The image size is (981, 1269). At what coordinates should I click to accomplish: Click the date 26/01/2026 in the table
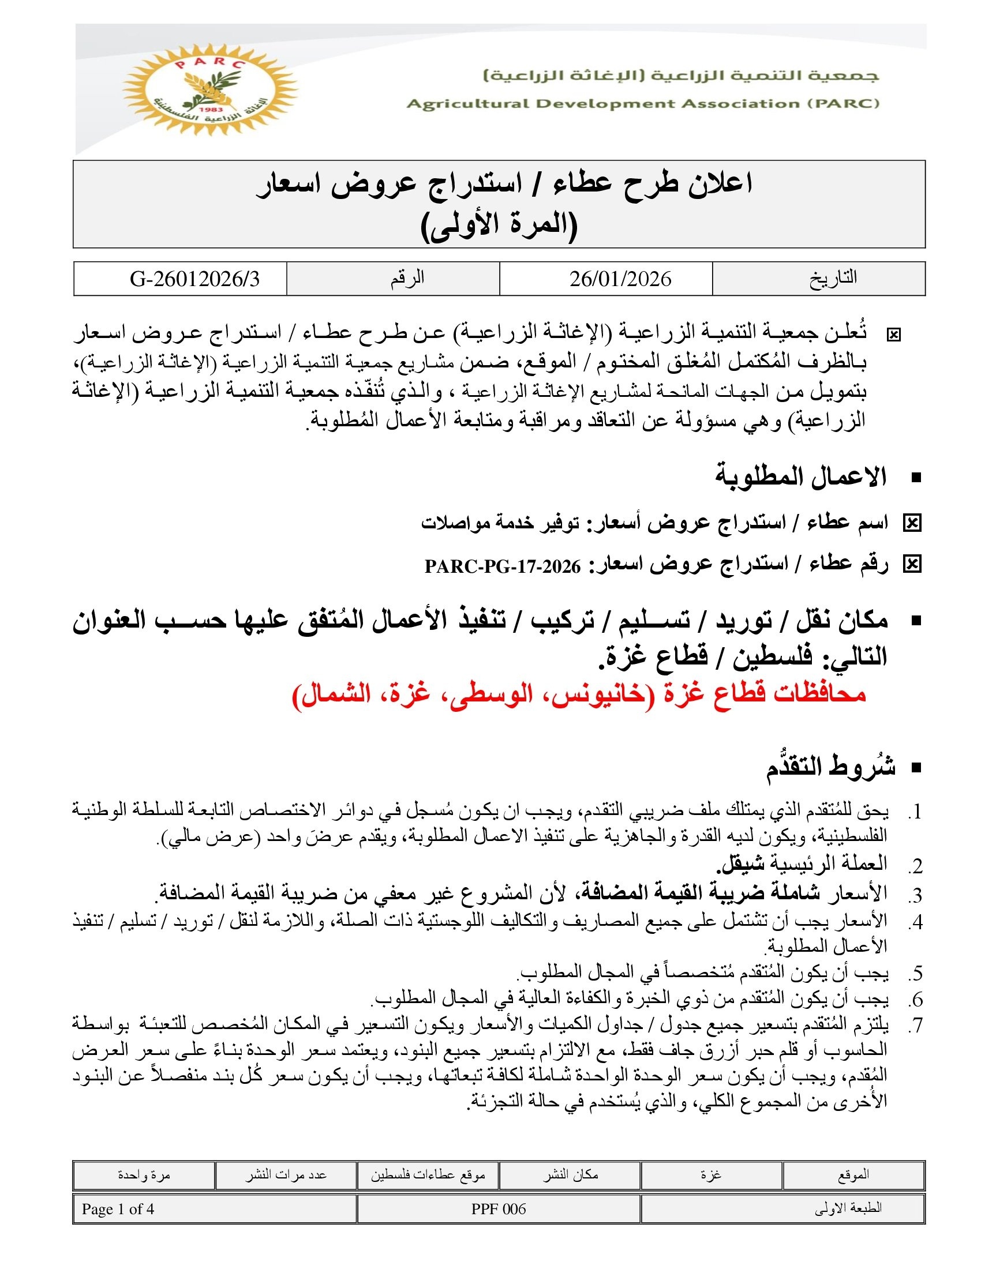point(620,279)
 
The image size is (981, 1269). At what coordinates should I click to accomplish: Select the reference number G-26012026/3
point(194,279)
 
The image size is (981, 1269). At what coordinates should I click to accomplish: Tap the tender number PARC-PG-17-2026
point(502,566)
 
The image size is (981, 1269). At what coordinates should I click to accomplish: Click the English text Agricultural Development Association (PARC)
point(642,104)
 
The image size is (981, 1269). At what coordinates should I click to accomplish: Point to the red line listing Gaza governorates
point(579,694)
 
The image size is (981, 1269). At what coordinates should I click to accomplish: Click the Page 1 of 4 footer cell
point(118,1209)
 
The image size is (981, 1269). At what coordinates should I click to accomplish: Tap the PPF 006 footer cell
point(498,1209)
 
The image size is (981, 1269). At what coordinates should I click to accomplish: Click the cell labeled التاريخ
point(833,279)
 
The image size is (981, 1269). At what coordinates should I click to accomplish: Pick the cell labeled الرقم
point(407,279)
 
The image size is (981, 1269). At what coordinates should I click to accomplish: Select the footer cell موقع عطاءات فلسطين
point(428,1175)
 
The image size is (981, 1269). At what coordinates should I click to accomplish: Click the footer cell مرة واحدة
point(144,1175)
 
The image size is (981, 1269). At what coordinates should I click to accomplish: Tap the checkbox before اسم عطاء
point(912,524)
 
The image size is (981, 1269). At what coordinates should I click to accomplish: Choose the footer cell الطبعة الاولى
point(848,1209)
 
